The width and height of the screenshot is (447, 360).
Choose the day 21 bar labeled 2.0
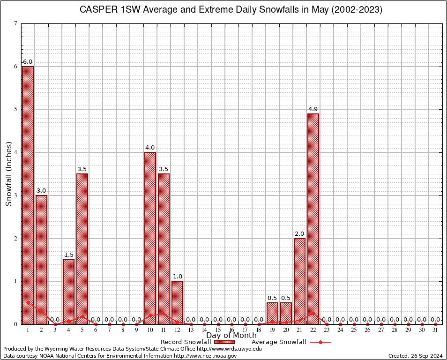(299, 281)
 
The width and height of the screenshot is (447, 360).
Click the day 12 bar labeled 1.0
(177, 302)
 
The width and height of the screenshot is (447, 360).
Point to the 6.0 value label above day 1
(28, 62)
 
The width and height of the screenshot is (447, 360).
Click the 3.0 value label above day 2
(41, 191)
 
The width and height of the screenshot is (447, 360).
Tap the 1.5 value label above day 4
(68, 255)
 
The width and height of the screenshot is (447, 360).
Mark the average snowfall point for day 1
(28, 302)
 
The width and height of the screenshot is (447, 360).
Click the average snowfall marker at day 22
(313, 313)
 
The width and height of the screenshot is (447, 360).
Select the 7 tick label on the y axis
(15, 23)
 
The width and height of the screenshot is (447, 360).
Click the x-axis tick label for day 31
(435, 330)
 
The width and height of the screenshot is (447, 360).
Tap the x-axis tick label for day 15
(218, 330)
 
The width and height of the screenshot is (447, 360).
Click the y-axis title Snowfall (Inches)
(8, 173)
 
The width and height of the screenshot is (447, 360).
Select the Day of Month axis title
(231, 336)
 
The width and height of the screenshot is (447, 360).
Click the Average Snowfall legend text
(278, 342)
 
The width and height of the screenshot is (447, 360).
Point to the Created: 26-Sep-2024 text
(415, 356)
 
